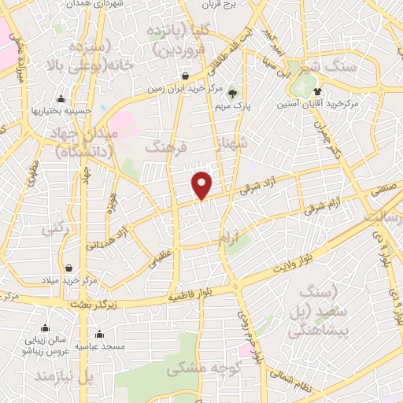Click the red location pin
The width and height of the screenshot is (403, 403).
click(203, 185)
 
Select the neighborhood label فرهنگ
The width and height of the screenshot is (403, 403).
click(165, 146)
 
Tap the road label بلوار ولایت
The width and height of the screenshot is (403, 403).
click(293, 264)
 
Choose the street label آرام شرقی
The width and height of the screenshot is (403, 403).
click(322, 207)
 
